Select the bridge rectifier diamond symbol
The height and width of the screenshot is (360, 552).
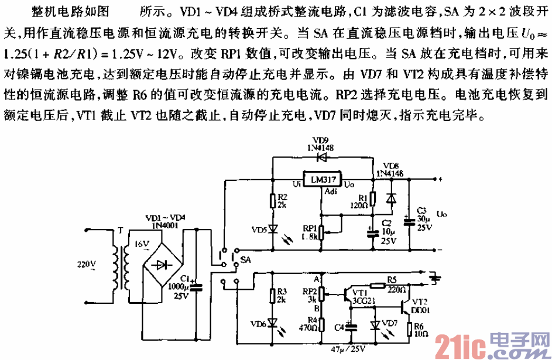point(161,264)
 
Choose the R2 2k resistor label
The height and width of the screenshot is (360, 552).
point(282,201)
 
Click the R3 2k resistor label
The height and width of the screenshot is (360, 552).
point(282,296)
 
